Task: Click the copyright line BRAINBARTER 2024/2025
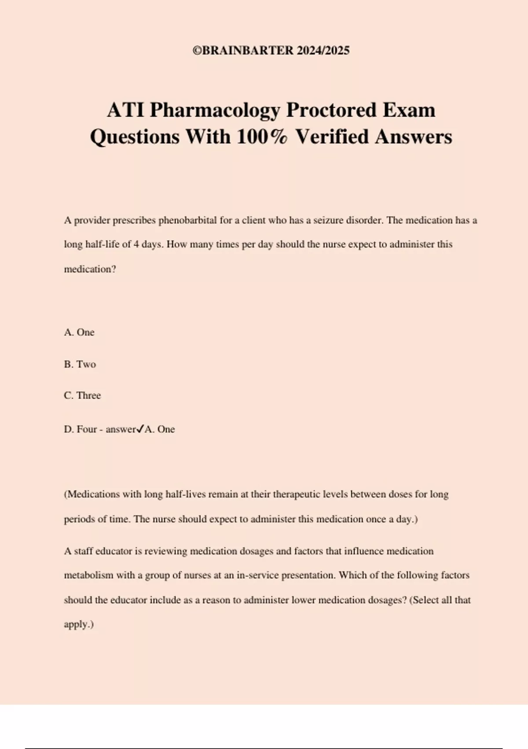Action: [x=271, y=51]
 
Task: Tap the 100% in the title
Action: [x=262, y=137]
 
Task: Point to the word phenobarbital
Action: [x=187, y=220]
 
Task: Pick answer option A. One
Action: [x=79, y=332]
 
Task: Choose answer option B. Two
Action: [x=80, y=364]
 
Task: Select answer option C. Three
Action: [x=82, y=396]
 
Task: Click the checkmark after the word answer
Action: [x=140, y=429]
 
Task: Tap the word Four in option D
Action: [x=87, y=430]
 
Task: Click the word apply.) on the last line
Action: [x=79, y=625]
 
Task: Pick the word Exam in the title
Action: [x=409, y=110]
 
